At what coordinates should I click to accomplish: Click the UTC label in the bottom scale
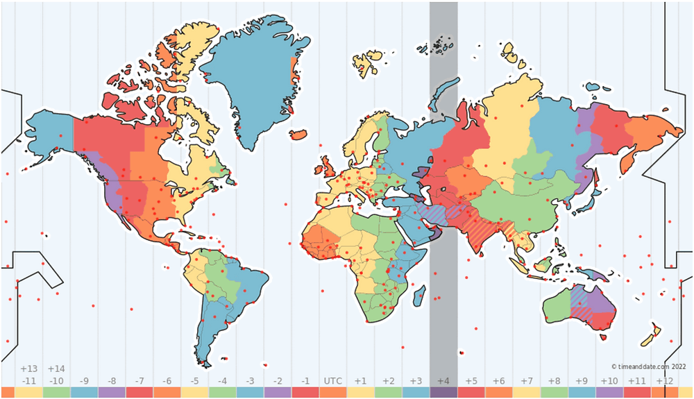coord(332,381)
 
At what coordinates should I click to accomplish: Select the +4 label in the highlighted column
coord(443,381)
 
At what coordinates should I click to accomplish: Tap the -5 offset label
coord(194,381)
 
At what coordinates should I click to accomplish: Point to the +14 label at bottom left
coord(56,368)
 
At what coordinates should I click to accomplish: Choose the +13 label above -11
coord(28,368)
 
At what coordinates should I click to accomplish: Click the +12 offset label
coord(664,381)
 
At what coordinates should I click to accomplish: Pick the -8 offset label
coord(112,381)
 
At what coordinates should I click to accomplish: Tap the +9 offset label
coord(581,381)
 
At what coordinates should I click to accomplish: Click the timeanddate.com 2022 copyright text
coord(648,366)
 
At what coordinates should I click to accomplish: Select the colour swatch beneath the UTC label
coord(332,393)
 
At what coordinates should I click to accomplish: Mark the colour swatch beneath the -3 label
coord(250,393)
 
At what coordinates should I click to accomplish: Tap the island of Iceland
coord(298,134)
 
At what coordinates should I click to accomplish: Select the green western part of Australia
coord(555,305)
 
